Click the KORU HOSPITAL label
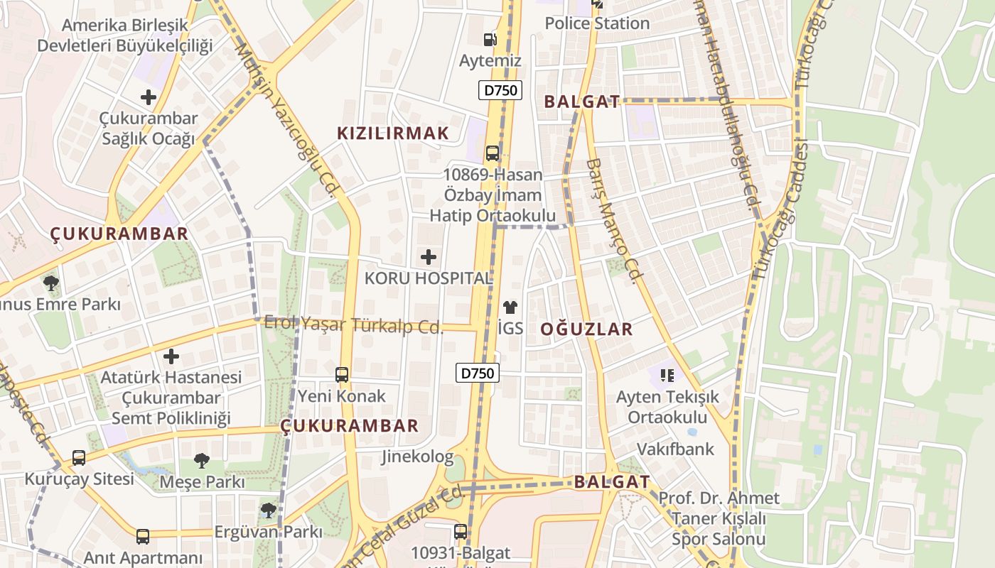[429, 278]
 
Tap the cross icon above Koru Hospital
[429, 257]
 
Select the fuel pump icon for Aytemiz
[490, 40]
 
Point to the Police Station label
[597, 23]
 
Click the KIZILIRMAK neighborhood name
[393, 133]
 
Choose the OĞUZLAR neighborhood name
[586, 329]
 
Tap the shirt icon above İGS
[510, 307]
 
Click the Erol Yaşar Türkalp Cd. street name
[353, 325]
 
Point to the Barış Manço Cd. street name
[611, 220]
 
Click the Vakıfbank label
[675, 449]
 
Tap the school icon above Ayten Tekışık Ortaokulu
[667, 374]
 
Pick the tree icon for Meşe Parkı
[202, 461]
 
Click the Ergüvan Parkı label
[268, 531]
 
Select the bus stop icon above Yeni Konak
[342, 374]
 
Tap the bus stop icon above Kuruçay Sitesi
[79, 458]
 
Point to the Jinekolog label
[417, 457]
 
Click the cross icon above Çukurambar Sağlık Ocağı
[149, 97]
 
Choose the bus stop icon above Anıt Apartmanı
[143, 537]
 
